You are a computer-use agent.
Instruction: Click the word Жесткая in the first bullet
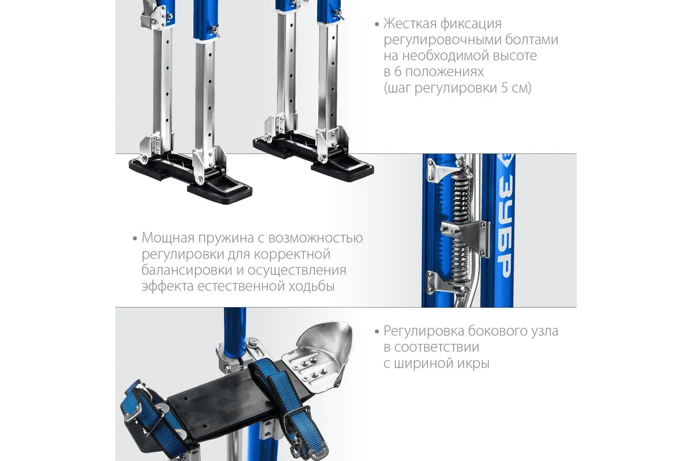(x=410, y=24)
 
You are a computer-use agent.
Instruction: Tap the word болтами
(x=532, y=40)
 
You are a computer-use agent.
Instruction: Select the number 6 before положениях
(x=398, y=72)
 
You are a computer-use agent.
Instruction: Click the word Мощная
(x=168, y=238)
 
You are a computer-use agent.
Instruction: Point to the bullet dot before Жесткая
(x=377, y=24)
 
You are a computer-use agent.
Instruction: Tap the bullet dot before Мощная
(x=135, y=239)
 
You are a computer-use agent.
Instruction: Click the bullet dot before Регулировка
(x=377, y=331)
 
